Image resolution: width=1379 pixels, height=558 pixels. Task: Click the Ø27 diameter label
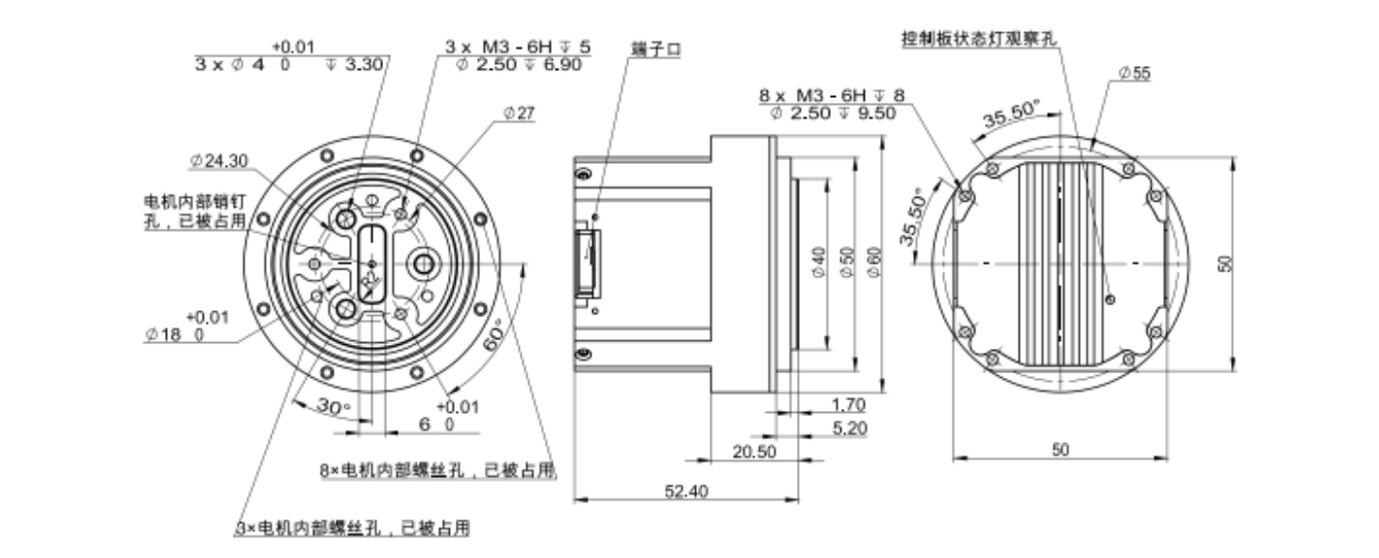tap(520, 113)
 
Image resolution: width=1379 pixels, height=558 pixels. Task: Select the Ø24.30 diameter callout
tap(218, 161)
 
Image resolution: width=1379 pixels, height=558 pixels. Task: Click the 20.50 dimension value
tap(755, 451)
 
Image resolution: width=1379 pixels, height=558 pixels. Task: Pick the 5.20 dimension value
tap(849, 428)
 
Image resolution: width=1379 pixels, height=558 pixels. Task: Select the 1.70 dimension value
tap(849, 405)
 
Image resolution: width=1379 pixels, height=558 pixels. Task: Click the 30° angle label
tap(333, 406)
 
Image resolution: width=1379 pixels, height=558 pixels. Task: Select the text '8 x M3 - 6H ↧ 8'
tap(832, 95)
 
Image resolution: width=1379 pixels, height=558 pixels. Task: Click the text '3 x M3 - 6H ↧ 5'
tap(518, 46)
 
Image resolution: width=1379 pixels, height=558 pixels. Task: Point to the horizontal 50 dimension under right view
tap(1060, 451)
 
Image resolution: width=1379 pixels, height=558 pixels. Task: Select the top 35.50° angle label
tap(1009, 118)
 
